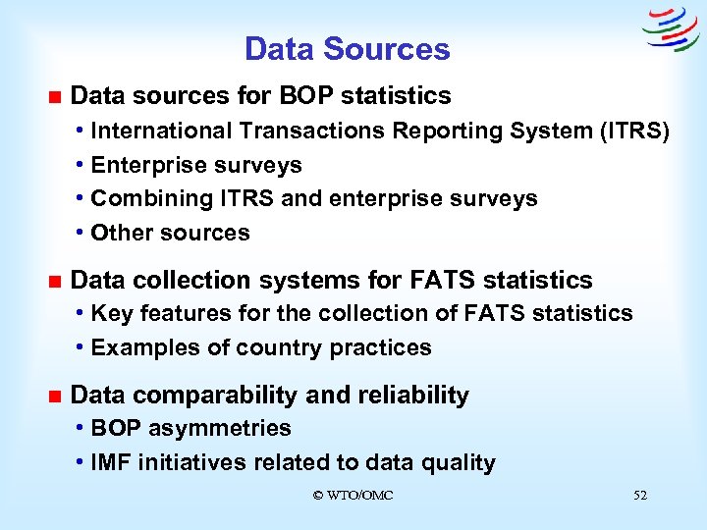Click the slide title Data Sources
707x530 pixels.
[x=347, y=49]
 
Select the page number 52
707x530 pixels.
[x=640, y=496]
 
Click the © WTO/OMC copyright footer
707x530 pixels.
[x=353, y=496]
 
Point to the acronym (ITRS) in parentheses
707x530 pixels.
[x=634, y=131]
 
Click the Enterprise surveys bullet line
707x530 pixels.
[x=195, y=165]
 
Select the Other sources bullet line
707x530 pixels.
[x=170, y=233]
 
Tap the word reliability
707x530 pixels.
[x=413, y=395]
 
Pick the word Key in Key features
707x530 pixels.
[x=110, y=313]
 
